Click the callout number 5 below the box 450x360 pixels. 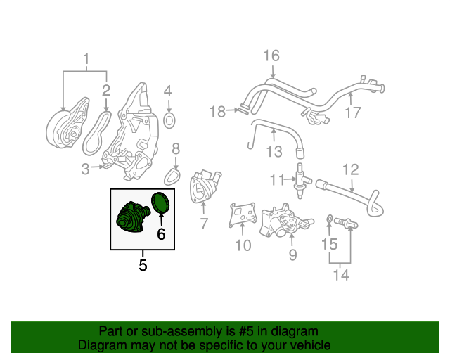143,265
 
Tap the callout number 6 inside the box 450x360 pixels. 161,234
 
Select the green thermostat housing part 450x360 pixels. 133,217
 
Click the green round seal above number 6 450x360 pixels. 160,203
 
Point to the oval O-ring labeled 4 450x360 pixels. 169,120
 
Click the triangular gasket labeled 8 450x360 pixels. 172,176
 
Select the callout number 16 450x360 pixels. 271,56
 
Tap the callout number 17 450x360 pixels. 353,112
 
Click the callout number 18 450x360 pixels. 217,111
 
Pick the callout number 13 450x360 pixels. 274,151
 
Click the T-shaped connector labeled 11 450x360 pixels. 301,181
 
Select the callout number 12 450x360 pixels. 351,169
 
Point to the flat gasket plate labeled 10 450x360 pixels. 243,214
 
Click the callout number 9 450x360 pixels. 292,255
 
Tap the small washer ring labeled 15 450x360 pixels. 330,219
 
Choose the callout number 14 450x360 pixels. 341,275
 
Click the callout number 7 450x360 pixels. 204,224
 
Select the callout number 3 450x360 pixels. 86,169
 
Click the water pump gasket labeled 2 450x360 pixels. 97,133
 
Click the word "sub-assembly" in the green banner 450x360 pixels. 182,331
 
